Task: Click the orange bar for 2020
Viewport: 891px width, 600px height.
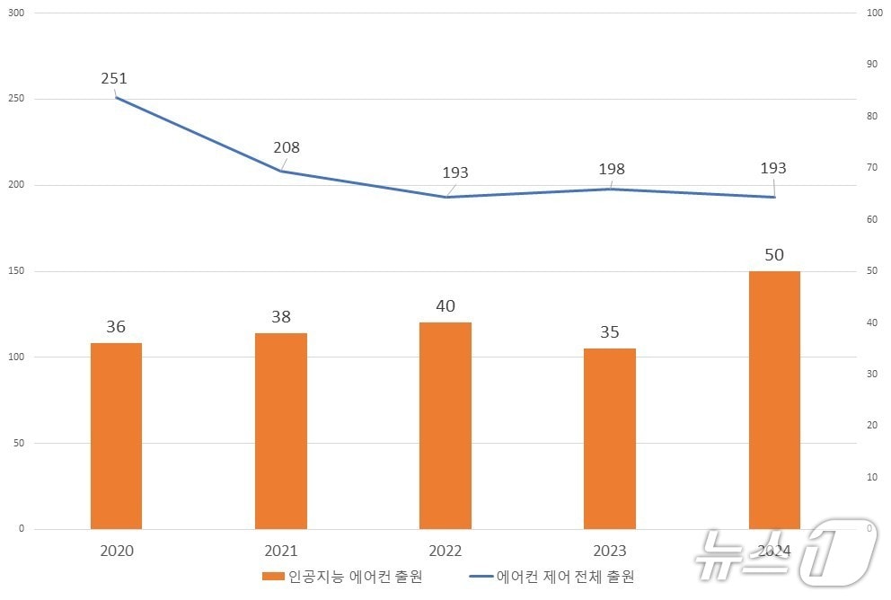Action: tap(116, 436)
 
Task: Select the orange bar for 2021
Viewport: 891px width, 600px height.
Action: tap(280, 431)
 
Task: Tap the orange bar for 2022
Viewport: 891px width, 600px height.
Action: tap(445, 426)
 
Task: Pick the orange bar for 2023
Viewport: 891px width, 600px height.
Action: tap(609, 438)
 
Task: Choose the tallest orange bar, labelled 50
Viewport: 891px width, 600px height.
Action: tap(773, 400)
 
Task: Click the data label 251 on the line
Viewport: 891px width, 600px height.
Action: tap(114, 79)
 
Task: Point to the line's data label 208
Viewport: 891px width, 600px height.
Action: tap(287, 148)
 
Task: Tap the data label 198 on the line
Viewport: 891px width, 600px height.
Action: tap(611, 169)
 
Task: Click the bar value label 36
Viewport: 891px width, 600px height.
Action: tap(116, 327)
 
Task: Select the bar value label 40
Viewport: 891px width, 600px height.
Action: tap(445, 306)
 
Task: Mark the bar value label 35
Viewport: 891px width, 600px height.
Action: tap(609, 332)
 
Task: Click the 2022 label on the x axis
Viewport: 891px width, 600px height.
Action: tap(445, 551)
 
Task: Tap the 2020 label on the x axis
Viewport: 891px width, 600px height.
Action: tap(117, 551)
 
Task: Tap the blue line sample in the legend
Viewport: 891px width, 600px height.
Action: tap(481, 576)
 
